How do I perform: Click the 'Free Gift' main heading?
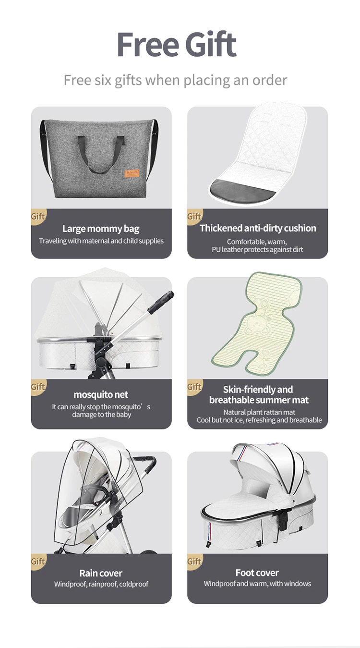click(177, 45)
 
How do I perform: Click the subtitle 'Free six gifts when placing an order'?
click(175, 80)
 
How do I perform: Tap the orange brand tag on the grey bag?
click(132, 173)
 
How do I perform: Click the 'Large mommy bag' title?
click(101, 229)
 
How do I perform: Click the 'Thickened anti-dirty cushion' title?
click(258, 228)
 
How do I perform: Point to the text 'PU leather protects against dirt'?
click(257, 250)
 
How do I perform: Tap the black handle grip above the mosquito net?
click(160, 302)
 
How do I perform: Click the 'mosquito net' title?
click(101, 394)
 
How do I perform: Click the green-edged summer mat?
click(257, 321)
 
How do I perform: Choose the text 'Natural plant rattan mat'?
click(259, 412)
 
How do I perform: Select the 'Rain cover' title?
click(101, 573)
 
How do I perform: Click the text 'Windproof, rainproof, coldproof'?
click(101, 584)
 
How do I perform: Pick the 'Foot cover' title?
click(257, 573)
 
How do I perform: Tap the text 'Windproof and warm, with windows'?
click(257, 584)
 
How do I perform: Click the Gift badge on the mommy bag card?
click(38, 216)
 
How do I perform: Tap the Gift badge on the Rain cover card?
click(38, 561)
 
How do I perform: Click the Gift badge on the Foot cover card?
click(194, 561)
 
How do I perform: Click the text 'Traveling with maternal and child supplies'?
click(101, 241)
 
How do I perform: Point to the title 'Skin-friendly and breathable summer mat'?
click(259, 394)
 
